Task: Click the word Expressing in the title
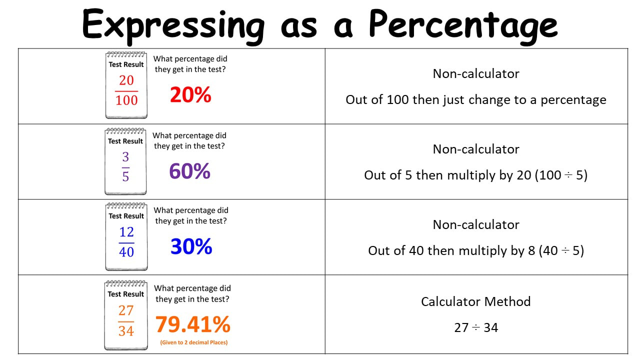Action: (x=173, y=26)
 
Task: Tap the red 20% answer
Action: (x=190, y=94)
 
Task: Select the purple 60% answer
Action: (x=189, y=171)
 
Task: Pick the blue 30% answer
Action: (x=191, y=246)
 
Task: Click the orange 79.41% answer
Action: (x=193, y=324)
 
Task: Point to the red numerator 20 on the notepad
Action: (x=126, y=80)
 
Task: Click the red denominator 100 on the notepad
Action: (x=126, y=100)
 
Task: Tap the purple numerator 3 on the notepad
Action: (x=125, y=157)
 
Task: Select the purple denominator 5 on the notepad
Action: (x=125, y=176)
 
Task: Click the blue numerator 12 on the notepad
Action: (x=126, y=231)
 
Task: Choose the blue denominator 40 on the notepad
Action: (x=126, y=252)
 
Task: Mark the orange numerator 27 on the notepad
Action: (x=126, y=310)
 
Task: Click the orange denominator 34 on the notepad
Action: (x=126, y=331)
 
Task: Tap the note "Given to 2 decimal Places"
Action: (x=193, y=342)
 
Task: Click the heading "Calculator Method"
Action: (x=475, y=301)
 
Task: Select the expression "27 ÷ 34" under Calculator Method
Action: (x=476, y=327)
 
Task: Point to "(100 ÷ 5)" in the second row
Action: (x=561, y=175)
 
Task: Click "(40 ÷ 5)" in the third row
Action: (x=561, y=250)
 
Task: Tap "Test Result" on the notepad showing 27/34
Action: (x=125, y=294)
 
